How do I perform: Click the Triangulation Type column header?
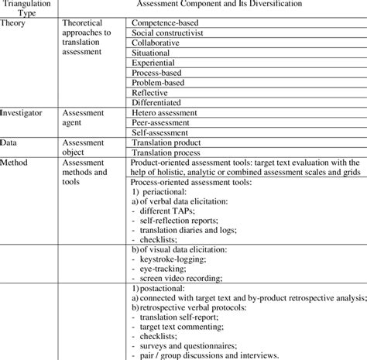[x=29, y=9]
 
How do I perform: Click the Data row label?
[x=10, y=143]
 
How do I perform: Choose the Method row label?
[x=15, y=163]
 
